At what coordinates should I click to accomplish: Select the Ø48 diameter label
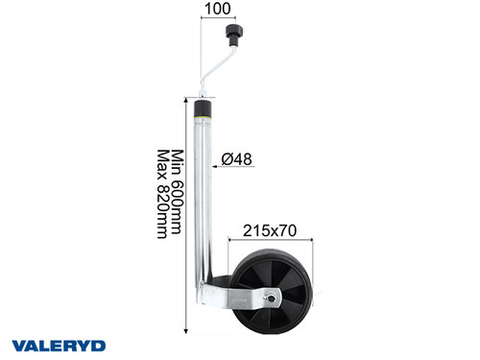coord(236,159)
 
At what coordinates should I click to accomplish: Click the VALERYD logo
coord(57,344)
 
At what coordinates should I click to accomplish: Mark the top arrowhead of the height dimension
coord(187,97)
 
